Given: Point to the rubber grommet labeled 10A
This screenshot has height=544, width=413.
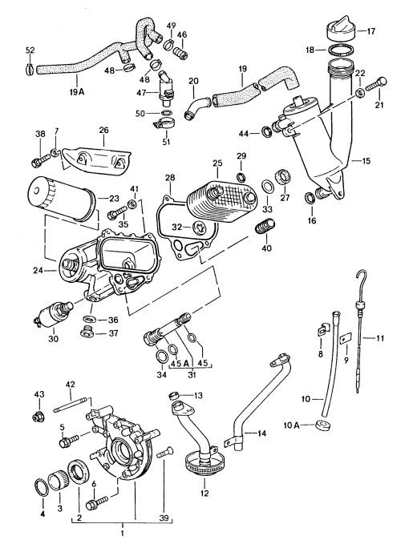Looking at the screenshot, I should coord(322,424).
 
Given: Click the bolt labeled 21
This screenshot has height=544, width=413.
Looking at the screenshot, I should coord(377,83).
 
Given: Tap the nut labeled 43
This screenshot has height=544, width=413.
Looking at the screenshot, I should coord(37,416).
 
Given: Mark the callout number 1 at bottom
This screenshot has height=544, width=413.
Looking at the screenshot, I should coord(121,534).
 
